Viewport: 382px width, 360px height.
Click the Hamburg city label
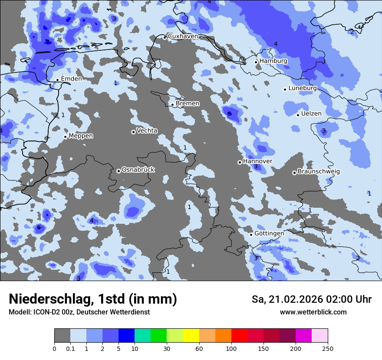tap(273, 61)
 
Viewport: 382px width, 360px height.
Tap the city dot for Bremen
tap(172, 105)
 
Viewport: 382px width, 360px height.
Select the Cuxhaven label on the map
tap(183, 36)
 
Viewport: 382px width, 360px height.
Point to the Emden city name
tap(71, 79)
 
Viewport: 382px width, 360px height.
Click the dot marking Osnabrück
tap(119, 171)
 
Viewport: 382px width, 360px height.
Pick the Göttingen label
tap(269, 234)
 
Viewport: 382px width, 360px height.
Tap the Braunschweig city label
tap(319, 172)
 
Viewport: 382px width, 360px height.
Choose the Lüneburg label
tap(303, 88)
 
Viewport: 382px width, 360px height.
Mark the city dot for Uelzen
tap(298, 115)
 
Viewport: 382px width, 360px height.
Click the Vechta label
tap(147, 131)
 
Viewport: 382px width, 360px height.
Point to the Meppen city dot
tap(65, 137)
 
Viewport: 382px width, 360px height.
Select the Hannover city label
tap(257, 161)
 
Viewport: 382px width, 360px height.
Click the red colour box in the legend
tap(239, 336)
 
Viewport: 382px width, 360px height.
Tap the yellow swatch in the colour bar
tap(191, 336)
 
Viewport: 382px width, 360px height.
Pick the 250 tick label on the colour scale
tap(328, 348)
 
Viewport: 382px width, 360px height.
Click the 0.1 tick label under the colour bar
tap(70, 348)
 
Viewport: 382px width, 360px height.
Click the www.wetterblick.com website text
tap(313, 312)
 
